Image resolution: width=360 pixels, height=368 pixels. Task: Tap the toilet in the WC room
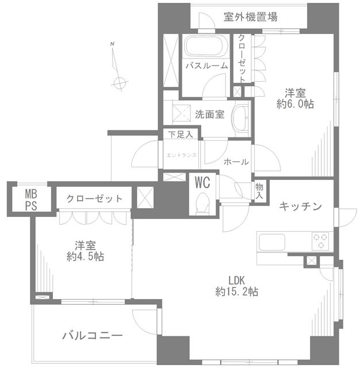tap(202, 203)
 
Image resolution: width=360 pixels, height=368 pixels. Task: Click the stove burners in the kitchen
tap(320, 241)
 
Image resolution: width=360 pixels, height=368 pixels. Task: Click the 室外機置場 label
tap(250, 17)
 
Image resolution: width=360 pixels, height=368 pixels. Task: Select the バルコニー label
tap(92, 335)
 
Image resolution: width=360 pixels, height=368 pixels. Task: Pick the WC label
tap(201, 183)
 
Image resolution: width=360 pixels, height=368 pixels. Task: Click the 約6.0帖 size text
tap(295, 104)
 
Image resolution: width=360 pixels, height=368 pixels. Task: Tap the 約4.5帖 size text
tap(85, 256)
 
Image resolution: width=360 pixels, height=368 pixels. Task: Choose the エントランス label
tap(181, 155)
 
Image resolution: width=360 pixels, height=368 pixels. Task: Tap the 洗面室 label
tap(209, 114)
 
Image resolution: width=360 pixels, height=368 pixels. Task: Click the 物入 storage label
tap(259, 191)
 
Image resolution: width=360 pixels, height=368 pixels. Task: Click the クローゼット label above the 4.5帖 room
tap(94, 199)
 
